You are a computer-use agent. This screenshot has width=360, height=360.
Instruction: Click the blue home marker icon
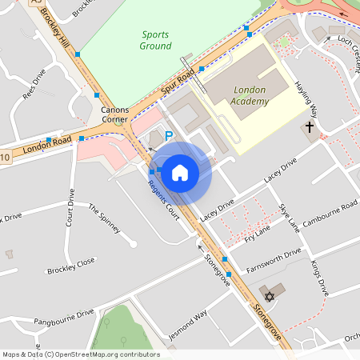[180, 172]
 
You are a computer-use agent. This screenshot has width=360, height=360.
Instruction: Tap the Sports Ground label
[156, 40]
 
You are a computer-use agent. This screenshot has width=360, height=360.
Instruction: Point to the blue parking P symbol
[169, 137]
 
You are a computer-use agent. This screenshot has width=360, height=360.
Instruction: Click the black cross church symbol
[310, 127]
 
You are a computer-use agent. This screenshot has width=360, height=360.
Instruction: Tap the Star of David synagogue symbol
[270, 297]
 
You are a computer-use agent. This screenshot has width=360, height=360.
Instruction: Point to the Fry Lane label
[258, 233]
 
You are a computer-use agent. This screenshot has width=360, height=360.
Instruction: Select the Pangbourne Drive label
[64, 317]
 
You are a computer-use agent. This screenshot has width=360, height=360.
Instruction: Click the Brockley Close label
[70, 266]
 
